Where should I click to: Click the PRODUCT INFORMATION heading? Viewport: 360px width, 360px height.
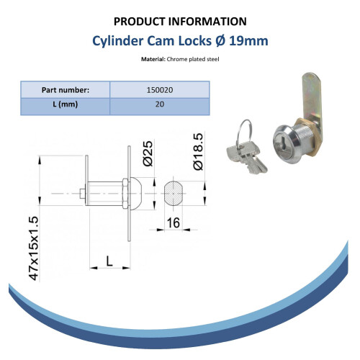pos(180,22)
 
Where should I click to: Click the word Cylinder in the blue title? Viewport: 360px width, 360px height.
pos(117,41)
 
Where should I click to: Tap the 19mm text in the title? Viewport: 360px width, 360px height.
pos(248,41)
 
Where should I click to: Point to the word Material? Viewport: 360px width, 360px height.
pos(152,59)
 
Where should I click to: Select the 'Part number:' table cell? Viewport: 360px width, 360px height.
pos(66,90)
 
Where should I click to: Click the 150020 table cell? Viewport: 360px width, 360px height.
pos(160,90)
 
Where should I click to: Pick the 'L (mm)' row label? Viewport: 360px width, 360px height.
pos(66,104)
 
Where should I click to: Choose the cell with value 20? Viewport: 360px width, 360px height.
pos(160,104)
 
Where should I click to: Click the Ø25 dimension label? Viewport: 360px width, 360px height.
pos(148,153)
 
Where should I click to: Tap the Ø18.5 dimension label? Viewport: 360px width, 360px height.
pos(198,152)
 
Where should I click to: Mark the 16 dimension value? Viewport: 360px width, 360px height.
pos(173,222)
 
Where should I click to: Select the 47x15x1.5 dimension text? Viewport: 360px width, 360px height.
pos(33,248)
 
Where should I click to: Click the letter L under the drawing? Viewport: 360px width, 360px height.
pos(109,261)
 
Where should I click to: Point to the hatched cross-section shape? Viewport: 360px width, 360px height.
pos(174,194)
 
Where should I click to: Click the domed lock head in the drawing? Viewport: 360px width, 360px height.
pos(136,194)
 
